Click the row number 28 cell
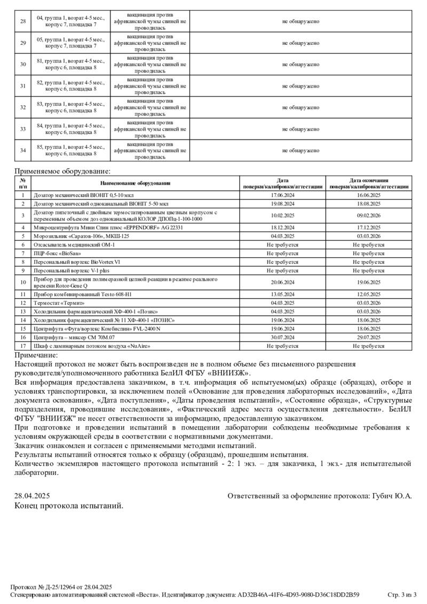[23, 21]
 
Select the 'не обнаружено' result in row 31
[301, 86]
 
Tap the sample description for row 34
[70, 150]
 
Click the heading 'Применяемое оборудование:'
[62, 171]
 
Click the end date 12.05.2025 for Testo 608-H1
[369, 294]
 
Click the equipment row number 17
[23, 346]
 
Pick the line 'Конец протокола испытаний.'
[69, 505]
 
